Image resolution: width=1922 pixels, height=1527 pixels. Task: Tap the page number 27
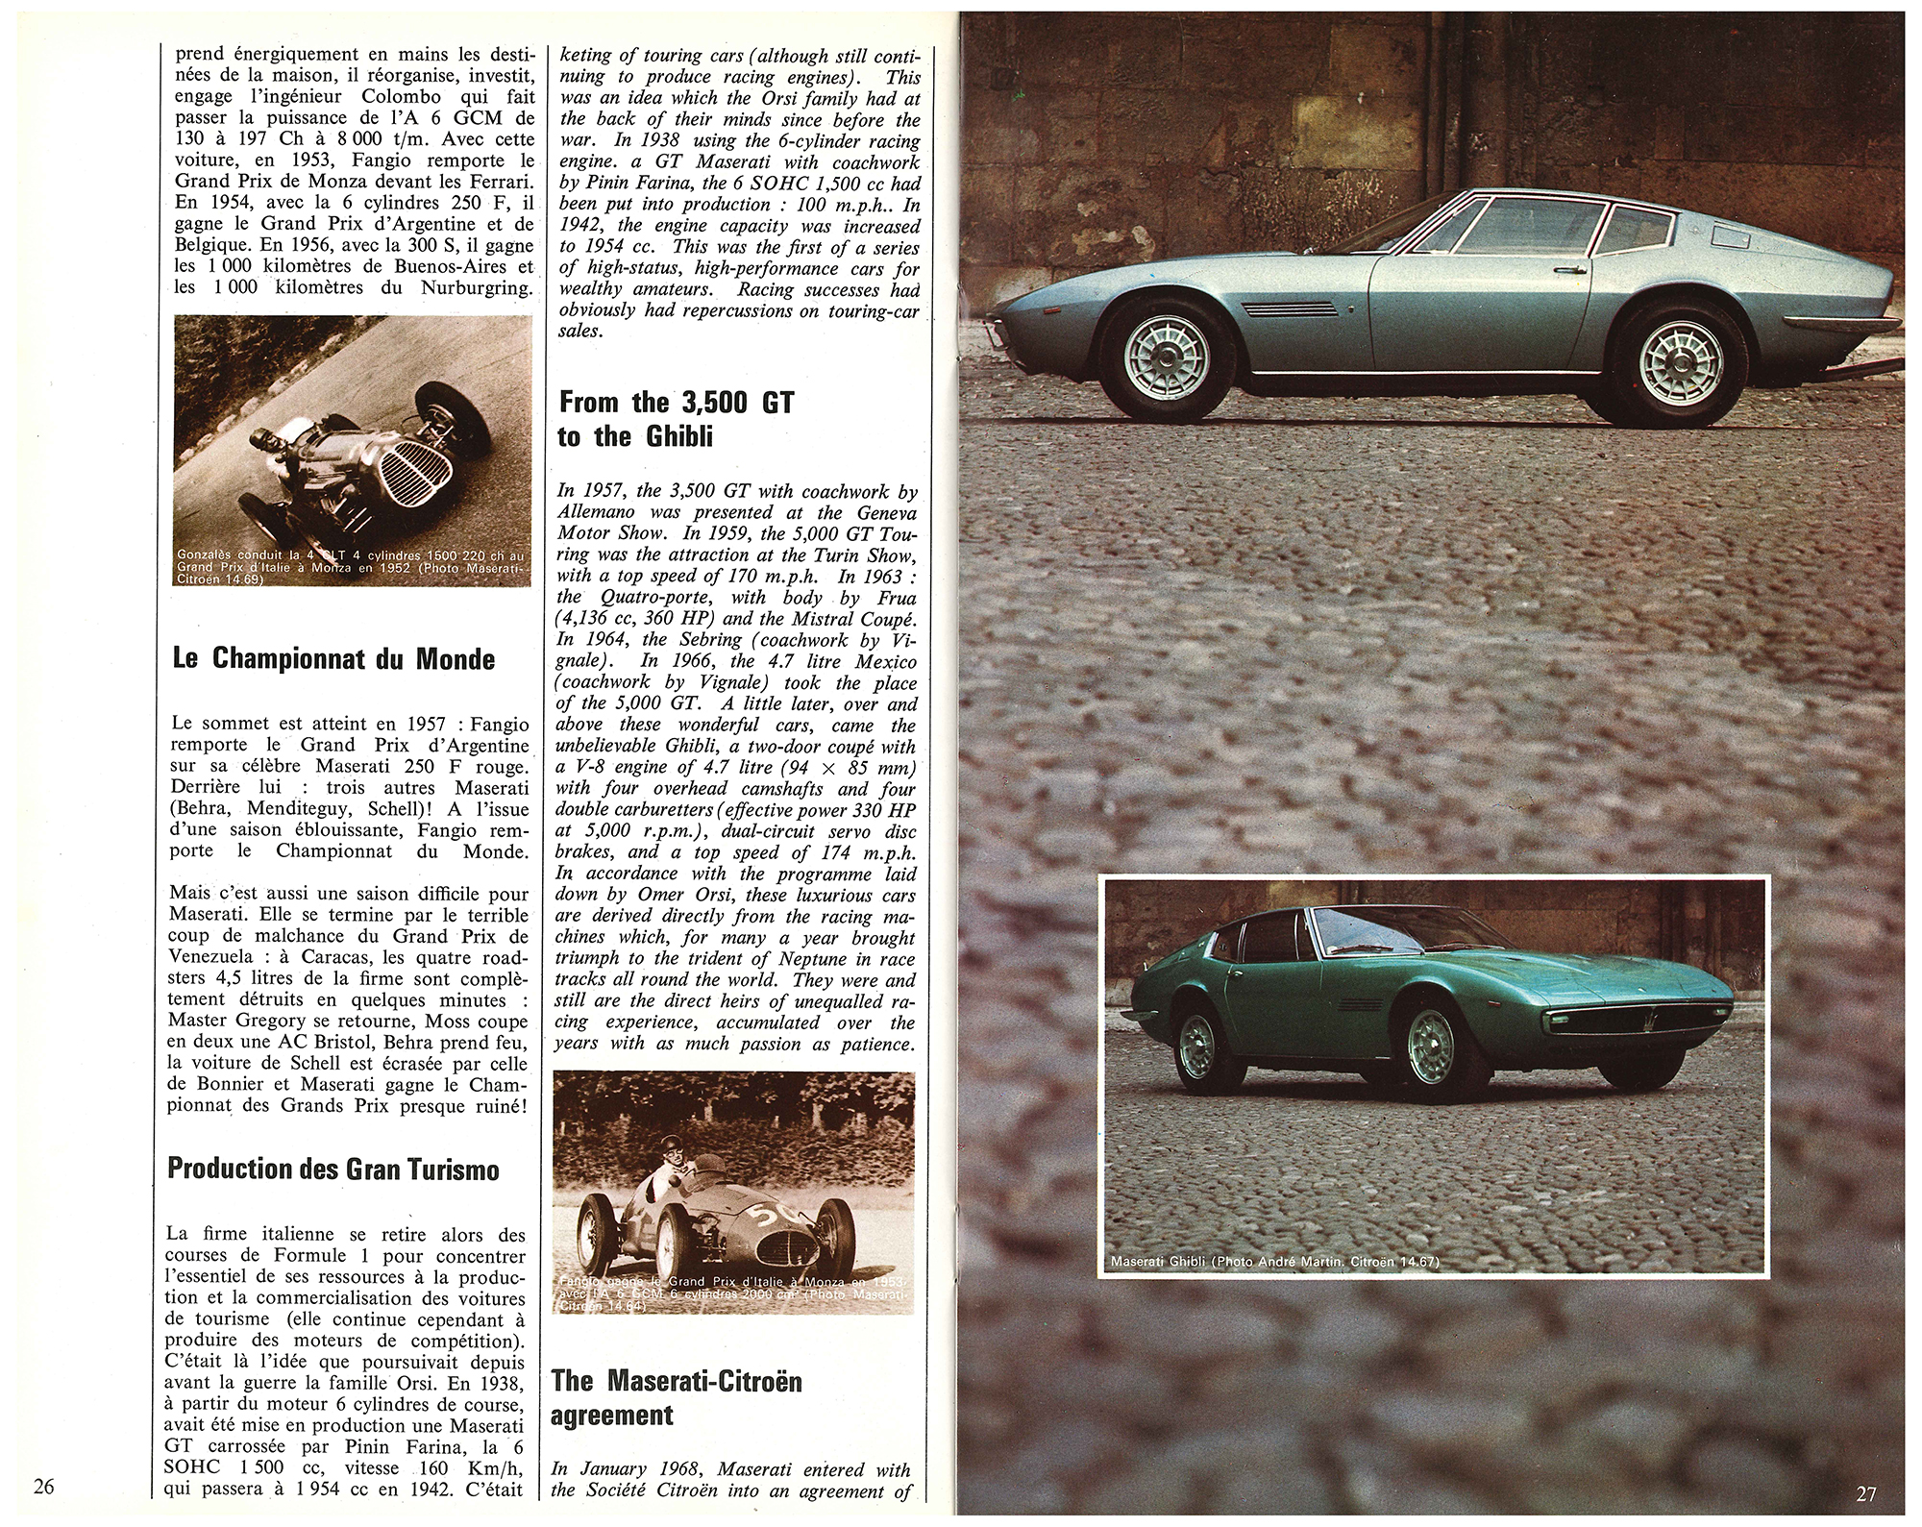tap(1866, 1493)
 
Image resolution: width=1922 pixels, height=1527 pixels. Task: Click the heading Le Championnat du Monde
tap(333, 659)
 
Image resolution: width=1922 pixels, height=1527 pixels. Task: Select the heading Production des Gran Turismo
tap(333, 1169)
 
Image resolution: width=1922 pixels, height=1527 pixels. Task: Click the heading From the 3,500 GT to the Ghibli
tap(676, 418)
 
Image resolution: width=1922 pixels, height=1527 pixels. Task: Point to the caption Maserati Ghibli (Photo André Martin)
tap(1274, 1262)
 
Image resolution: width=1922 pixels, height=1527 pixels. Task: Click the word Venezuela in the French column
tap(215, 957)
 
